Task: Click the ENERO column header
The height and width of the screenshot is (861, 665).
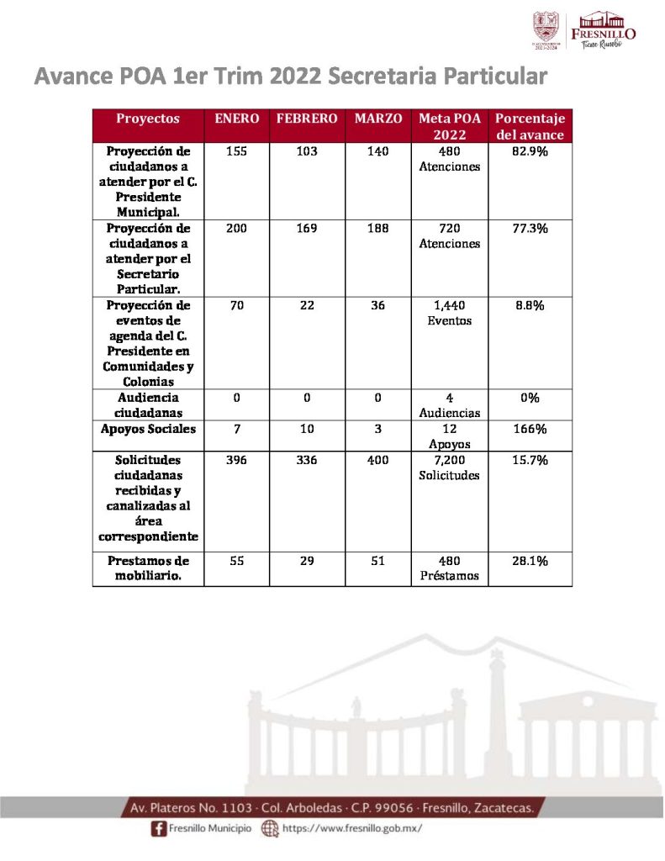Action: point(236,119)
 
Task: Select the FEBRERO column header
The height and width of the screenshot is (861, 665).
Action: point(307,119)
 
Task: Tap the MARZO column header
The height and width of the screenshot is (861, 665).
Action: point(377,119)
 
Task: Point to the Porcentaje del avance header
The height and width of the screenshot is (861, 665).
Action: point(530,126)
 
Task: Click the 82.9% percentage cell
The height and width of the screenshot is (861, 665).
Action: point(530,152)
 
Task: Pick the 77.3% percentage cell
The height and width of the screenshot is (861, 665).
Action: point(530,229)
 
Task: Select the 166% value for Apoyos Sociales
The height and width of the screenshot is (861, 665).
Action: point(530,430)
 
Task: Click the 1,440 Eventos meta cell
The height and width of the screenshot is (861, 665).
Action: point(449,313)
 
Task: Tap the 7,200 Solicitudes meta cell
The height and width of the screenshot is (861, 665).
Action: point(449,467)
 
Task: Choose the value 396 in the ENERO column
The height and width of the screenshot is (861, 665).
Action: point(236,461)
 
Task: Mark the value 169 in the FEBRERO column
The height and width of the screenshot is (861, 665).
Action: point(307,229)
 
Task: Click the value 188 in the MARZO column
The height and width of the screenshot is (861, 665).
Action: point(377,229)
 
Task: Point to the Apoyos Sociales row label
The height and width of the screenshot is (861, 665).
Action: point(147,430)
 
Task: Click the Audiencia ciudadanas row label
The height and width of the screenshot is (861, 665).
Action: point(147,404)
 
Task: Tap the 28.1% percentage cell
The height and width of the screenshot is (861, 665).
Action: point(530,561)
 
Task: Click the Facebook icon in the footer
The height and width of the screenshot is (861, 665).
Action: point(157,829)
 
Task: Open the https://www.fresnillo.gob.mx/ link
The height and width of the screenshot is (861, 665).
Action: point(351,829)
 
